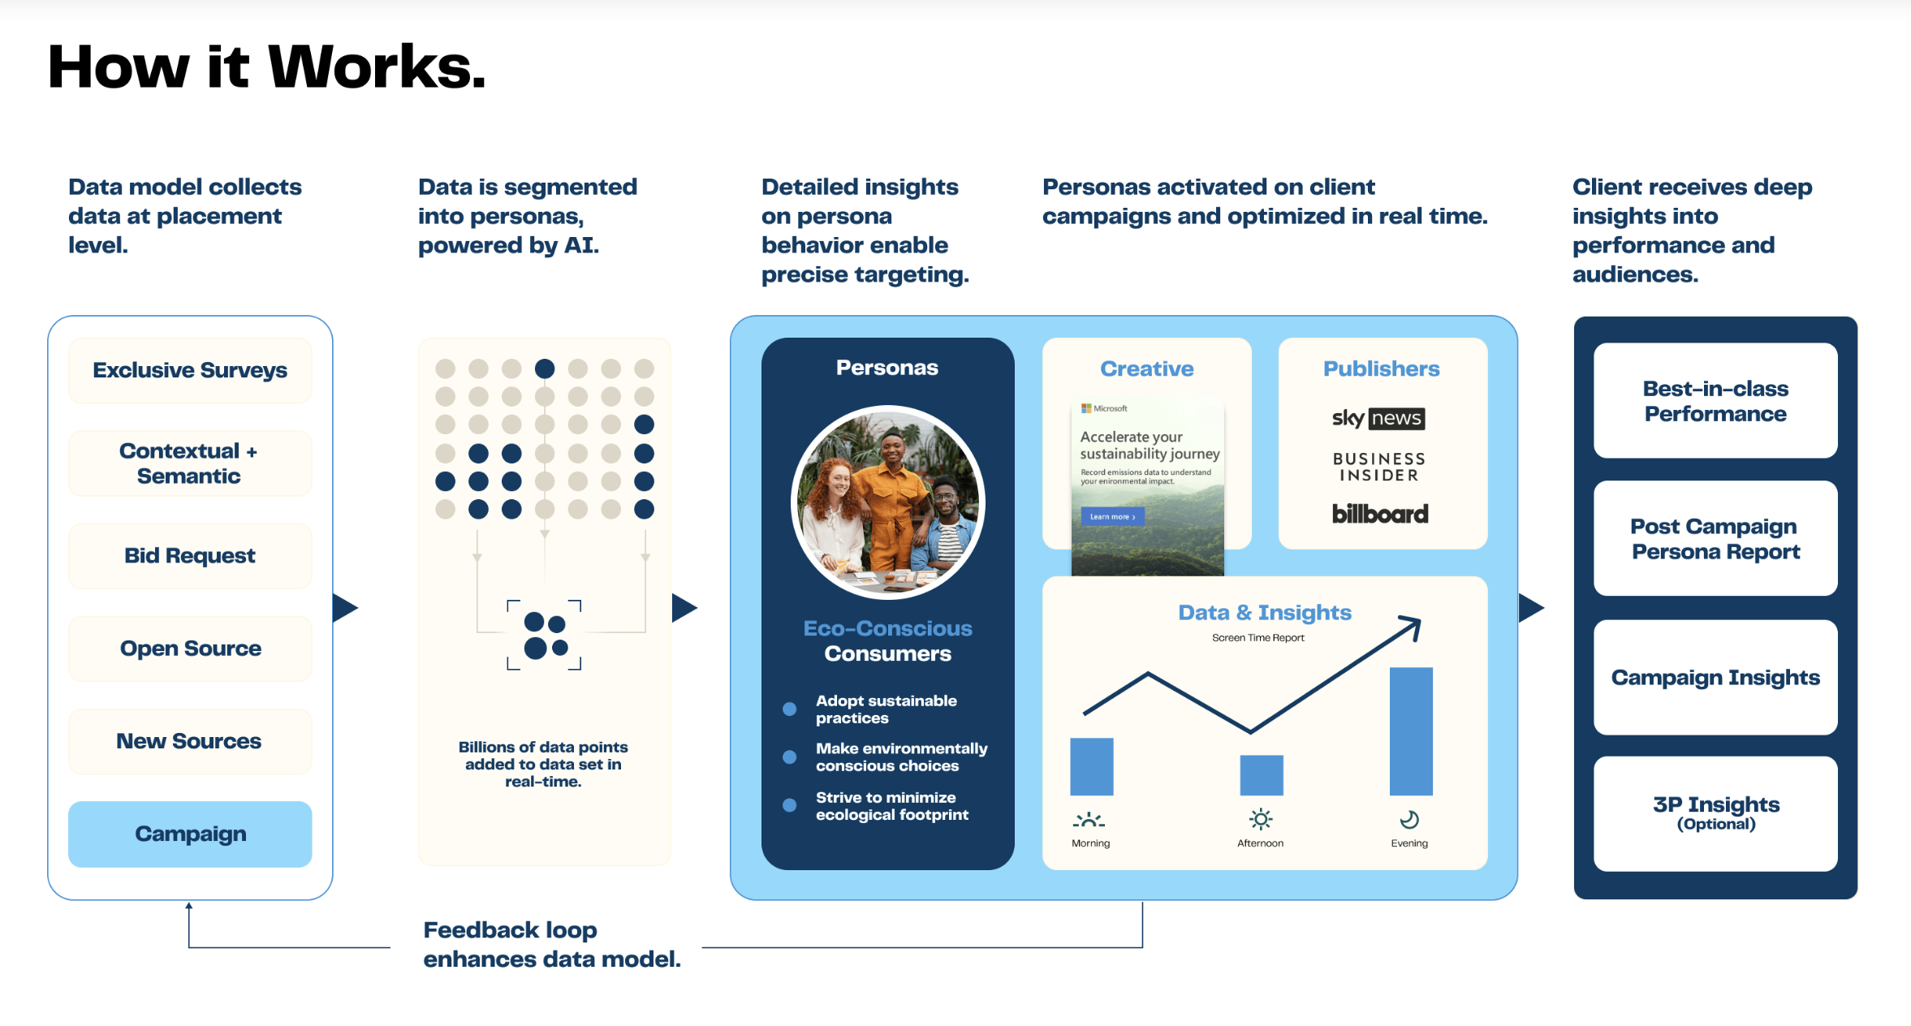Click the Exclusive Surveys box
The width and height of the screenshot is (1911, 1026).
tap(190, 370)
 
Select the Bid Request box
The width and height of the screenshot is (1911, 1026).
tap(190, 555)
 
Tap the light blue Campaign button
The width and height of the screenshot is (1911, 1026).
tap(190, 834)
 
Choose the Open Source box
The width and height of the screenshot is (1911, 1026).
tap(190, 649)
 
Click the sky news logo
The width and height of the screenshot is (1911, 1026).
tap(1378, 418)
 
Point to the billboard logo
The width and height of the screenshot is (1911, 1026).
tap(1380, 514)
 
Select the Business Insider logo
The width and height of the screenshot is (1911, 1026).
tap(1378, 467)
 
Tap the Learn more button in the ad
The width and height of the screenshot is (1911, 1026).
tap(1112, 516)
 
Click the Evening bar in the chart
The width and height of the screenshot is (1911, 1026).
tap(1411, 731)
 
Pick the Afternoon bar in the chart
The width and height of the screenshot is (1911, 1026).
tap(1262, 775)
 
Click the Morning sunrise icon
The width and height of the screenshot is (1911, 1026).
tap(1089, 820)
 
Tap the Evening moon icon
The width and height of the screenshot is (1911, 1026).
tap(1409, 820)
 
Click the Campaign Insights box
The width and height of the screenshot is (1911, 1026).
tap(1715, 678)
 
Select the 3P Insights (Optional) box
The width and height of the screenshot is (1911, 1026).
tap(1715, 814)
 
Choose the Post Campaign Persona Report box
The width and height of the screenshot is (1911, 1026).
tap(1715, 539)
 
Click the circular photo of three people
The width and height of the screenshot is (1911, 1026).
tap(888, 502)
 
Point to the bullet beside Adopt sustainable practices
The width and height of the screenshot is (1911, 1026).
tap(789, 709)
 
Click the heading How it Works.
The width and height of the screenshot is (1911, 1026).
tap(267, 67)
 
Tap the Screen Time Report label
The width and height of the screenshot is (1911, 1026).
tap(1258, 638)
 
